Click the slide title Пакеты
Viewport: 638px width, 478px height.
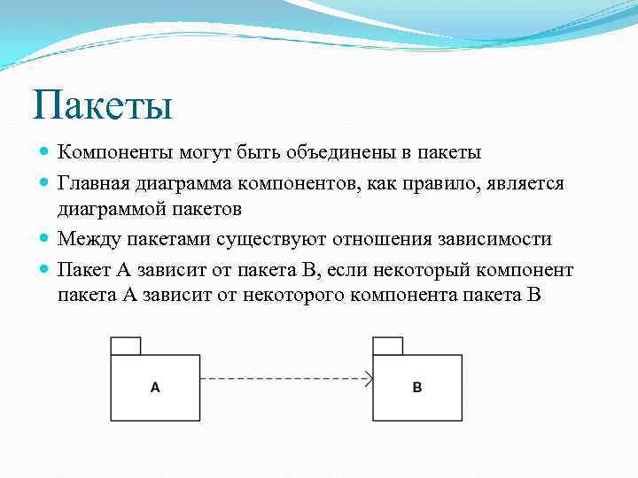102,105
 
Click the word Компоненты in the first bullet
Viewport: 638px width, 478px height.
114,153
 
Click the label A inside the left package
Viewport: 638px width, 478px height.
155,387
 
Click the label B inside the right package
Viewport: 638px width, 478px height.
417,387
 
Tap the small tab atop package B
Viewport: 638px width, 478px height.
387,346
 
